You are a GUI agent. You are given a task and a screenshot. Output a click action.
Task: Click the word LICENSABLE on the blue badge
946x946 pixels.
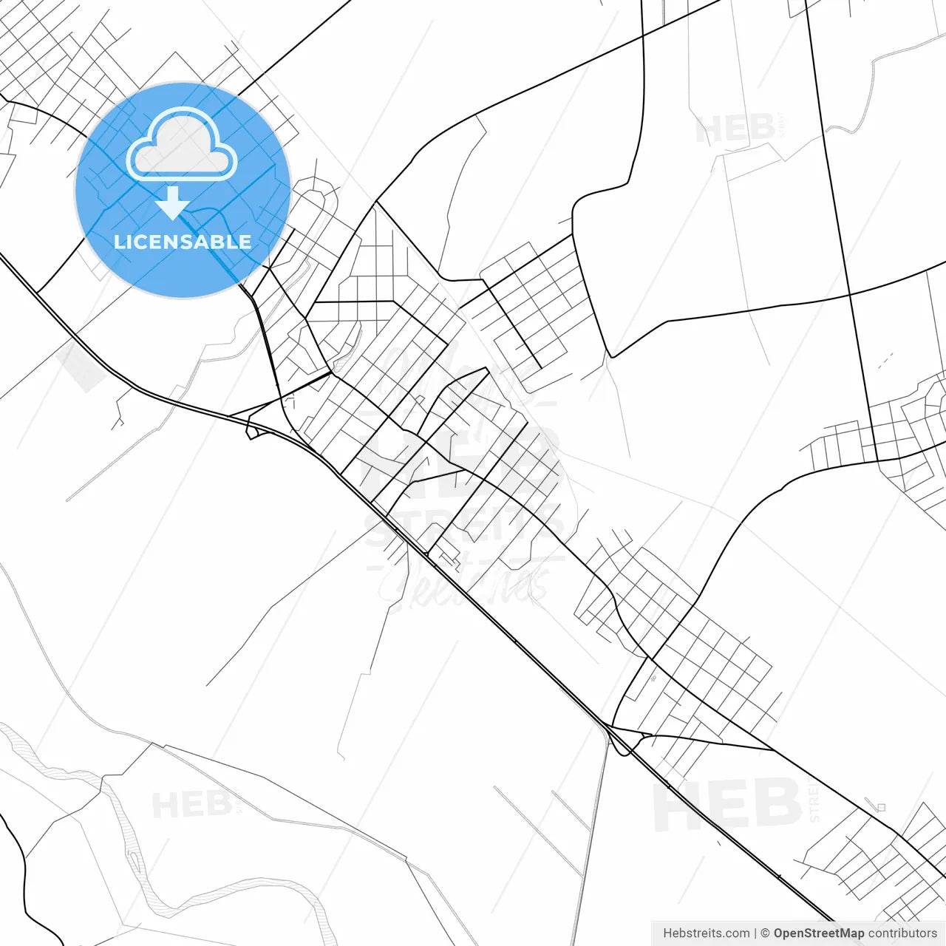(x=183, y=242)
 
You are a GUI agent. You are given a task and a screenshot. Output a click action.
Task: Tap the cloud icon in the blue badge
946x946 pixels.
(x=182, y=146)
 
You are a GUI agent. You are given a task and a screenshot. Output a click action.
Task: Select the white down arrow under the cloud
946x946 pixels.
(x=173, y=203)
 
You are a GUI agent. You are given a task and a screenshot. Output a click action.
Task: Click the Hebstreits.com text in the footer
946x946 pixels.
(x=706, y=933)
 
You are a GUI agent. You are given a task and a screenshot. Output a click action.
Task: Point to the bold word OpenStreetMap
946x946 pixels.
(x=818, y=933)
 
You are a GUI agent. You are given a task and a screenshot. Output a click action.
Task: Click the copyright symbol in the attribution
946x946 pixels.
(x=765, y=933)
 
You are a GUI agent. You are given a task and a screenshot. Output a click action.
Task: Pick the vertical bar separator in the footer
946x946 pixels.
(x=755, y=933)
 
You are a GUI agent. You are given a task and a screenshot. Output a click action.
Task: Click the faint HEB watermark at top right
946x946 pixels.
(x=735, y=129)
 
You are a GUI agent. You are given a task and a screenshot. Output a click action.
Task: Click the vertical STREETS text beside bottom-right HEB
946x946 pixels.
(x=814, y=802)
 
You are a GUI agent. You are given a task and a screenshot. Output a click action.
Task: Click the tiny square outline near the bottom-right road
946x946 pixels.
(x=880, y=808)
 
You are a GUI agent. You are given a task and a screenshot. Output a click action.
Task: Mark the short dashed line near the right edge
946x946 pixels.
(x=885, y=361)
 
